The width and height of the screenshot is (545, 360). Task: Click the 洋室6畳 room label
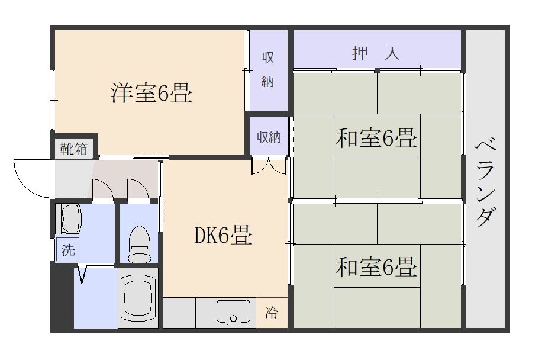151,92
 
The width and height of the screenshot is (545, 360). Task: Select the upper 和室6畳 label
376,138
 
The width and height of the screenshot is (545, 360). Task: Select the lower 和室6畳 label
376,267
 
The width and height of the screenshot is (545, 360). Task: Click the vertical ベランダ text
486,184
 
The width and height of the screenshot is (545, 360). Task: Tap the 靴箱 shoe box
74,149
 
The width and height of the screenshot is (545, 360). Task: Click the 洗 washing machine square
68,249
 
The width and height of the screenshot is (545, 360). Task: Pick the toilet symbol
139,244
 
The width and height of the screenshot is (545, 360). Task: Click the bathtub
138,298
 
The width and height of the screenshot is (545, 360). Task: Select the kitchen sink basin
233,313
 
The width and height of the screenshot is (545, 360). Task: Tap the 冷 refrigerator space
272,313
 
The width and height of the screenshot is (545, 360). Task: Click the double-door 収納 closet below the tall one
269,137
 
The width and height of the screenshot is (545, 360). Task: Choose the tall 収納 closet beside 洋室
268,69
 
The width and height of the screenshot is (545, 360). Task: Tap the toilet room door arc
143,186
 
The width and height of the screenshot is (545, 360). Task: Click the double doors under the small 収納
269,166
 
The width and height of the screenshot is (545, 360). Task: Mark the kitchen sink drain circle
233,319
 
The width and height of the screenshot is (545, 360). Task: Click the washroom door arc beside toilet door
107,186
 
